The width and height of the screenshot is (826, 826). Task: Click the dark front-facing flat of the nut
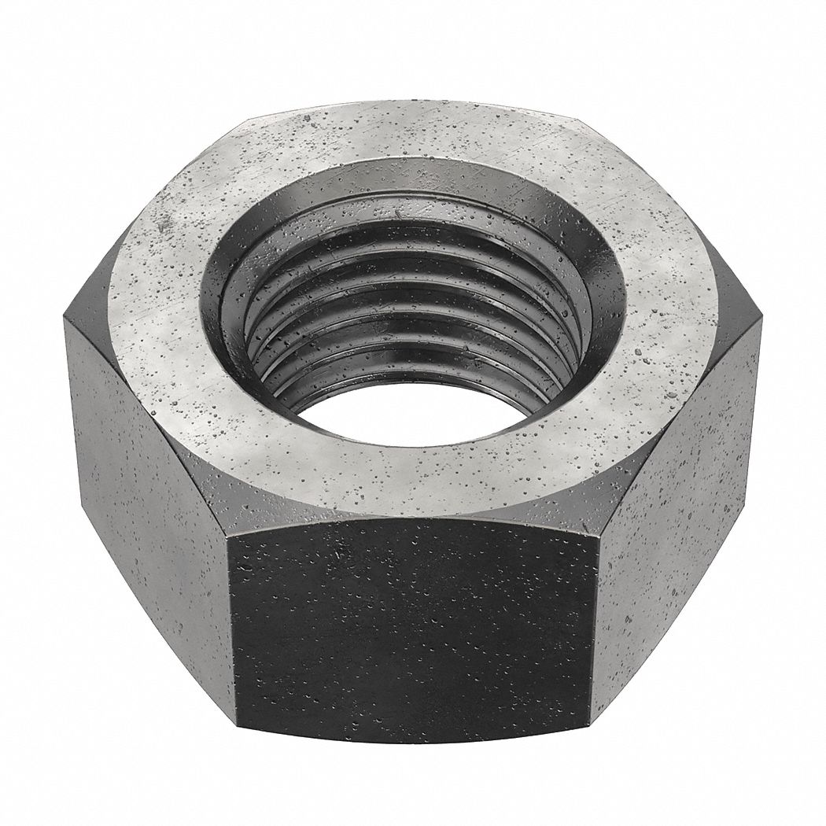413,629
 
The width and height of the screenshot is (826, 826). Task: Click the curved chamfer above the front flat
413,511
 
